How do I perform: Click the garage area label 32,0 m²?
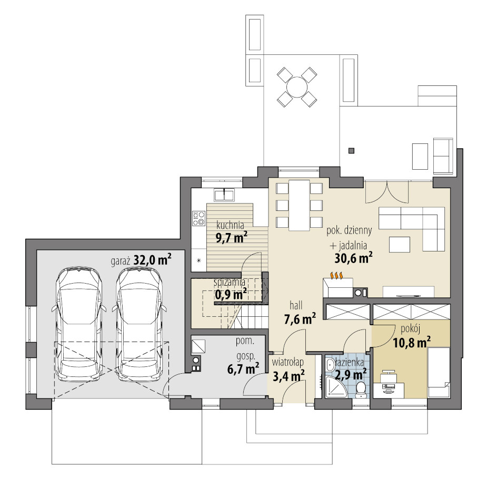[153, 260]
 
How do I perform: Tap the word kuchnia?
[230, 225]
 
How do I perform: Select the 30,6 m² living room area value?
[353, 258]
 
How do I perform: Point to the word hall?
[296, 305]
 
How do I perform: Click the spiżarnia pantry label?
[229, 282]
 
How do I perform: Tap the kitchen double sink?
[224, 194]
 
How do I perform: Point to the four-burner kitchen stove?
[198, 218]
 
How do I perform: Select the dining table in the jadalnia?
[299, 205]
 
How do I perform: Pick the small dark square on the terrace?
[351, 151]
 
